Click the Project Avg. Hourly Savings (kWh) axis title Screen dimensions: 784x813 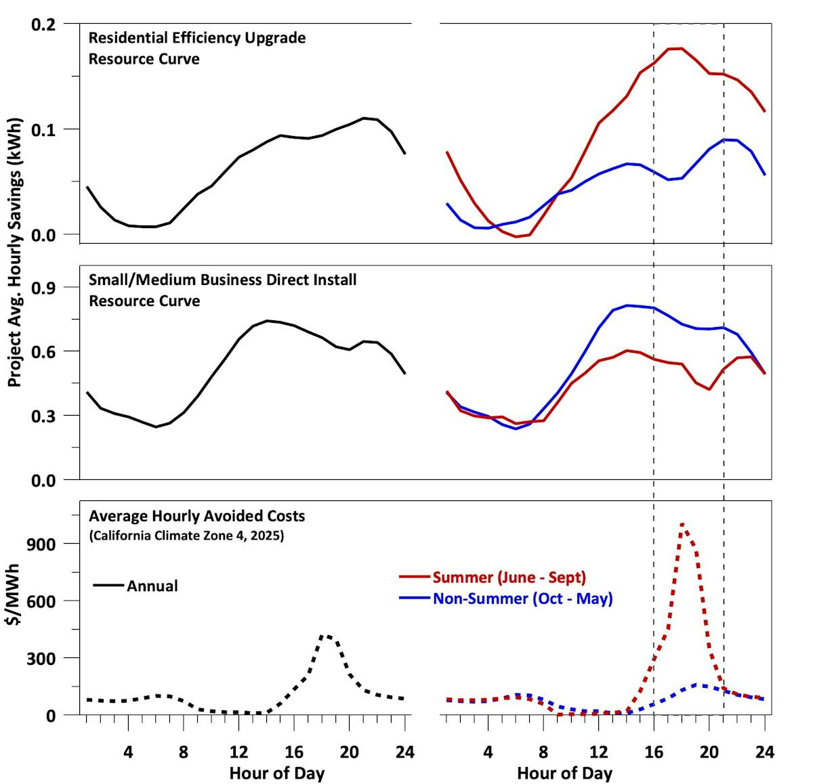(15, 253)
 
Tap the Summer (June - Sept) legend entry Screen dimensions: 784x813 (509, 578)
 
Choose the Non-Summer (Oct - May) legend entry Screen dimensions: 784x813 (522, 598)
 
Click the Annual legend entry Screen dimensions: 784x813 (152, 586)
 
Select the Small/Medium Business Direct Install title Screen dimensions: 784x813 (222, 280)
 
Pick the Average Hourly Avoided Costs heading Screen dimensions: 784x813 (196, 516)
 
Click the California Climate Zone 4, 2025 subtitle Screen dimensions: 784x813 (186, 536)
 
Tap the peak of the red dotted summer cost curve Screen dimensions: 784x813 (682, 523)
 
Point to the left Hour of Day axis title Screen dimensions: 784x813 (276, 773)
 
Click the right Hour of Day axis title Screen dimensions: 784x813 (564, 773)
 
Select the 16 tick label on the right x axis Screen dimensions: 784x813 (653, 752)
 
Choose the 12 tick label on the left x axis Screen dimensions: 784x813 (238, 752)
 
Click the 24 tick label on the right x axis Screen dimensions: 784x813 (764, 752)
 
